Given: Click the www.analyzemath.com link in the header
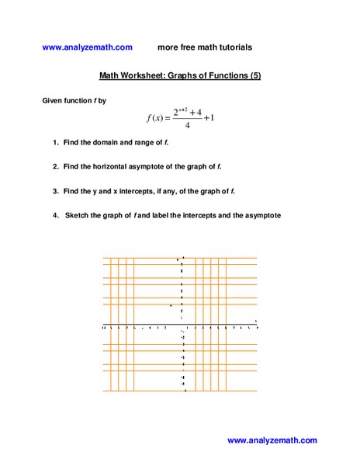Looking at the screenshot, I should click(x=88, y=47).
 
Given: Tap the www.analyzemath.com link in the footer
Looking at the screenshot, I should click(x=272, y=440).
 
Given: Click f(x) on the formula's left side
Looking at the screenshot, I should click(x=157, y=118).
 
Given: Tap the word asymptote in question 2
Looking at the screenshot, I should click(x=162, y=166).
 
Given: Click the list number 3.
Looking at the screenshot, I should click(x=55, y=190).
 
